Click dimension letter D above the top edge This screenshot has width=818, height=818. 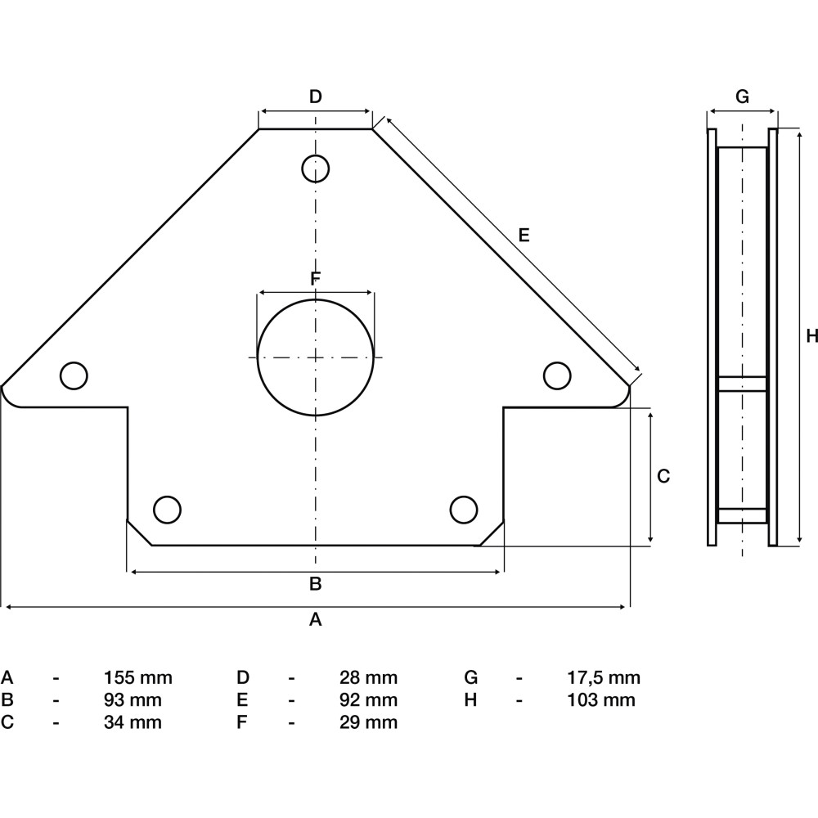click(x=316, y=97)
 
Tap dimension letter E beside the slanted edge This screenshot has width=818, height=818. click(x=524, y=236)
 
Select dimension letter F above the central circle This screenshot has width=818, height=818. click(x=315, y=279)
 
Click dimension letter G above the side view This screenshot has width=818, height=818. click(x=742, y=97)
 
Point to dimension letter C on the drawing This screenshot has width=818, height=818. click(x=663, y=476)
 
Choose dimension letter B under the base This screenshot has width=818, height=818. click(x=315, y=584)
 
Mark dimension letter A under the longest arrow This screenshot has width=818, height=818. click(x=315, y=619)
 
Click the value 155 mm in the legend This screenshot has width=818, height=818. click(x=137, y=677)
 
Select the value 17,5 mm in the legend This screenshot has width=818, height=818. click(x=604, y=677)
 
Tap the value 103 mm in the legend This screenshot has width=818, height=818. click(x=601, y=700)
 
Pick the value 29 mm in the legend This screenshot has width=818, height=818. click(x=368, y=722)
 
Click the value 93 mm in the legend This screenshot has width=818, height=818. click(x=133, y=700)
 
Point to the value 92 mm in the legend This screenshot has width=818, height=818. click(x=368, y=700)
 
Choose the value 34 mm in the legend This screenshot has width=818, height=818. click(x=133, y=722)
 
